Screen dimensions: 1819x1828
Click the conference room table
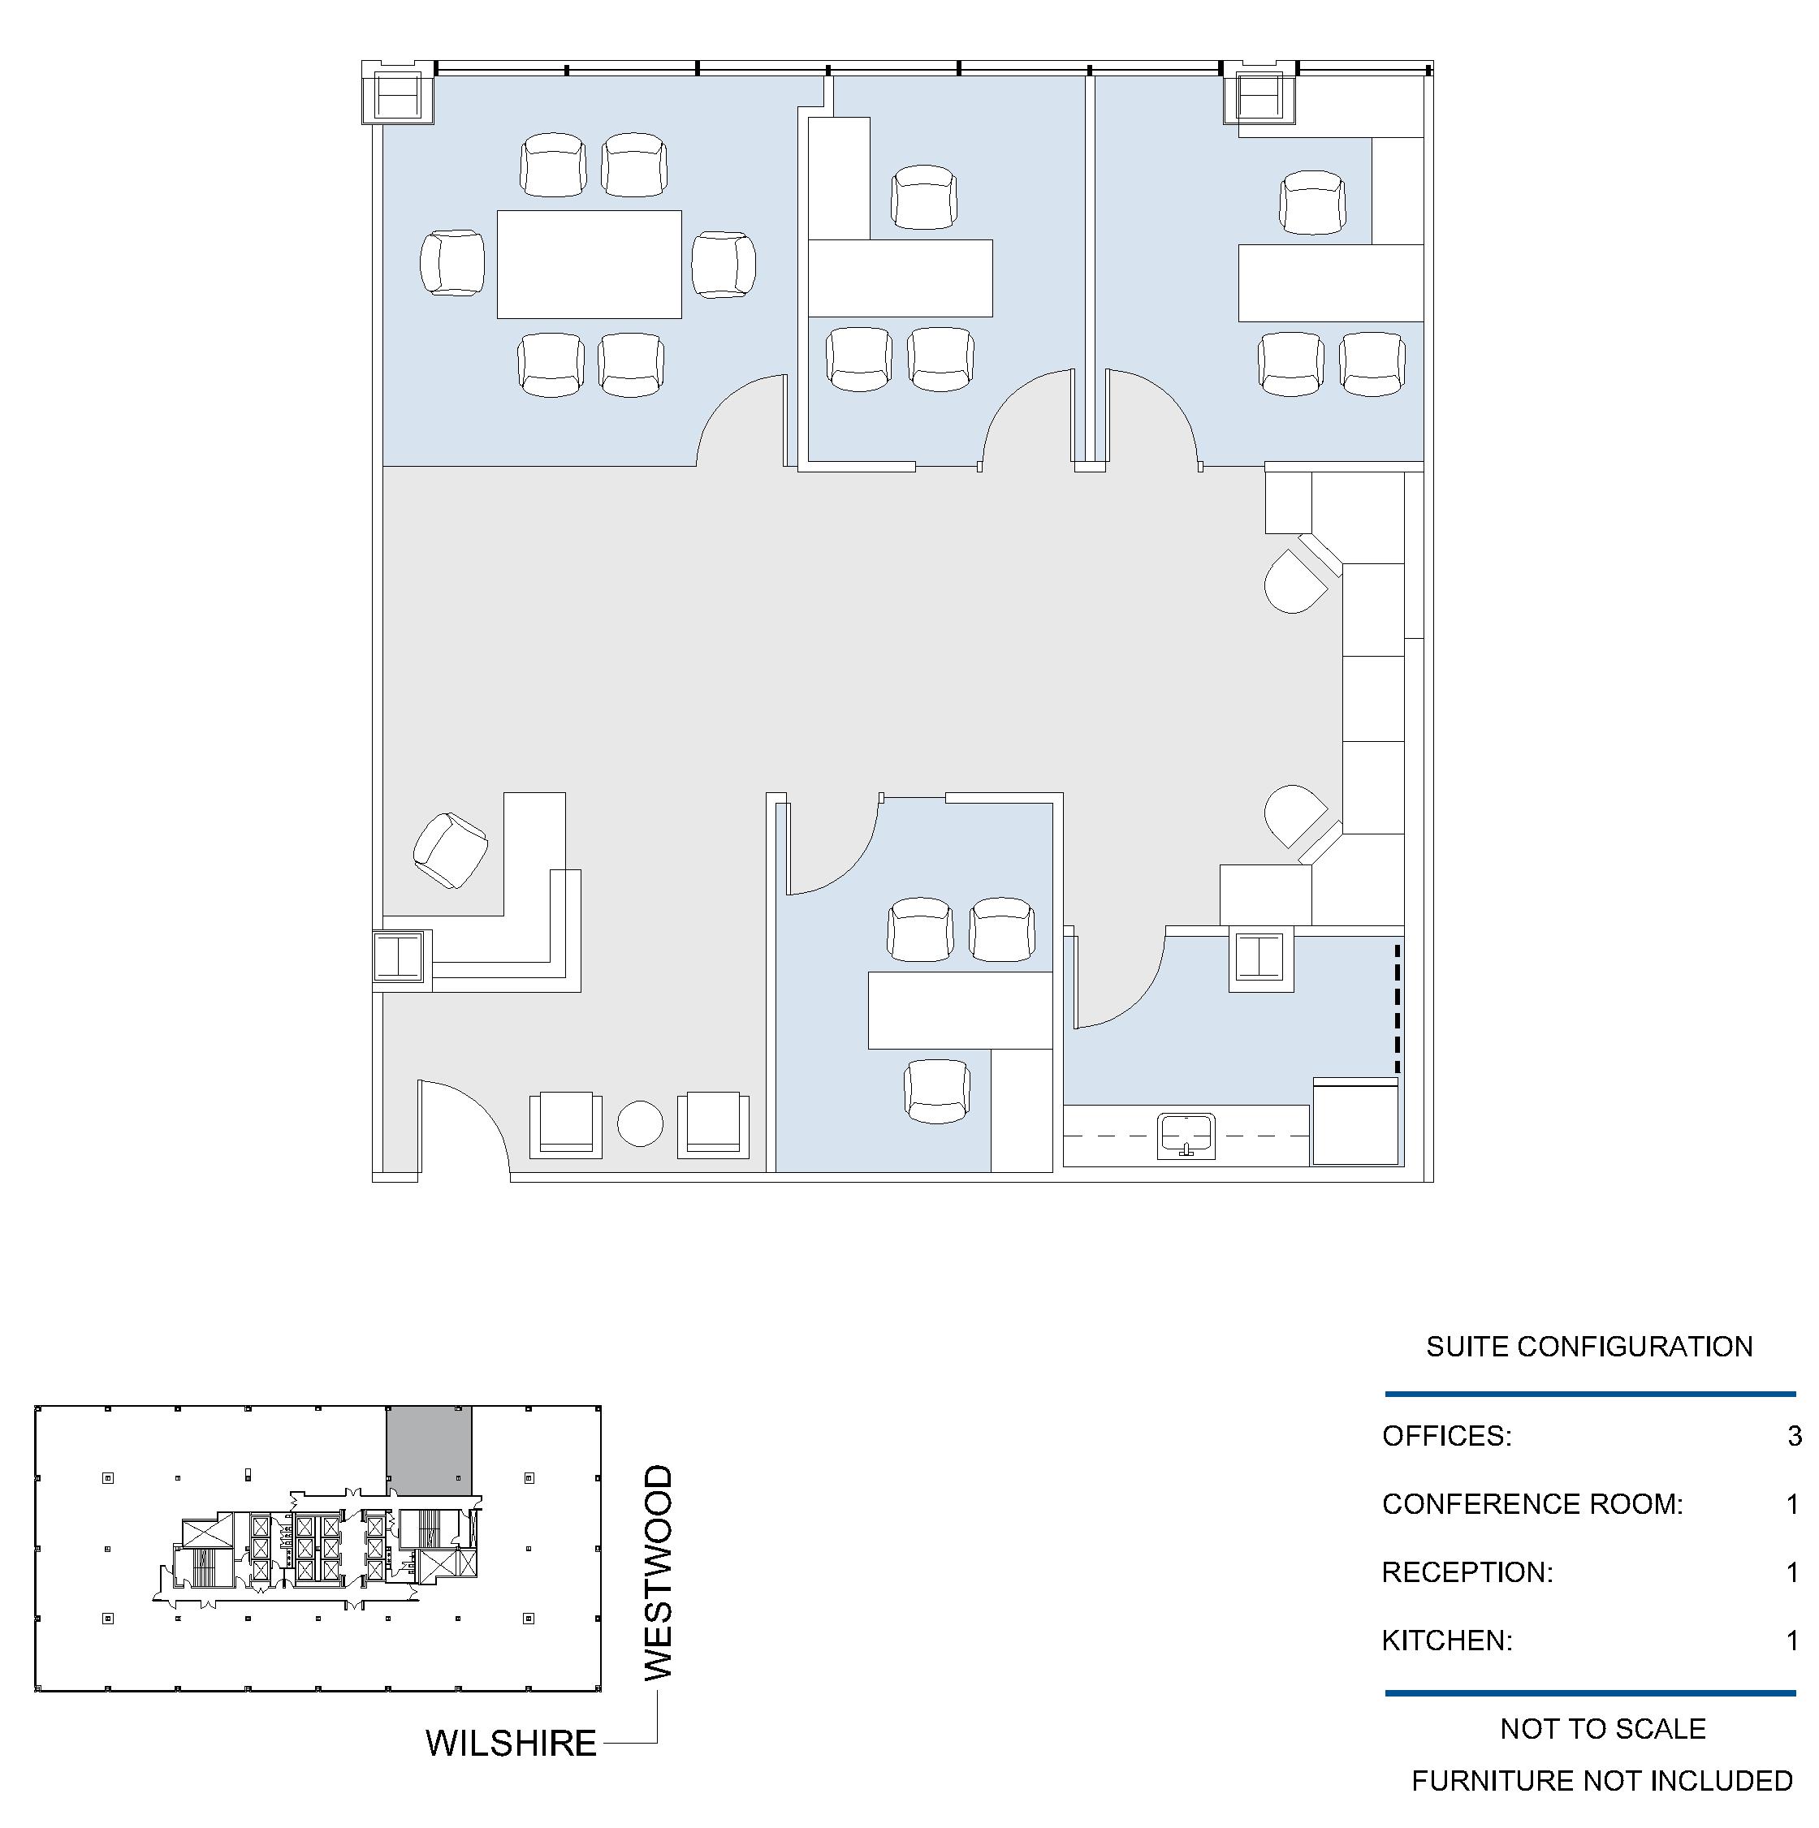pos(589,264)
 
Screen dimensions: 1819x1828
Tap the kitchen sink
pos(1186,1136)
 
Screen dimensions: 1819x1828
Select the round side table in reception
pos(640,1123)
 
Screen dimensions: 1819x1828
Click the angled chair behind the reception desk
pos(451,850)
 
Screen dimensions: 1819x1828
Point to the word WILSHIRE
pos(511,1743)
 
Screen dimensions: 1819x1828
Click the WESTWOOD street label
pos(658,1572)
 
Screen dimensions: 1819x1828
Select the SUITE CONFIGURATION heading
pos(1589,1347)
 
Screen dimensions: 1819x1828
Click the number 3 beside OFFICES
pos(1795,1435)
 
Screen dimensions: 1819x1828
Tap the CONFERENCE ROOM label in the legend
pos(1532,1503)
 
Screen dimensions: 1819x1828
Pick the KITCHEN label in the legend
pos(1447,1640)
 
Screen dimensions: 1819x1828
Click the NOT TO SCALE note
pos(1602,1729)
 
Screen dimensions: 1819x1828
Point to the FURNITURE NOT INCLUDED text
pos(1602,1781)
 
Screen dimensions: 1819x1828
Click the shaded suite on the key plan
pos(429,1451)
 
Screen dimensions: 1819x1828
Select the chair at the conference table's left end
pos(452,262)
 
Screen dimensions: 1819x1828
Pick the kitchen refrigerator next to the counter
pos(1355,1120)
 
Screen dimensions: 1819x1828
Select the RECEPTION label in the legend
pos(1467,1571)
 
